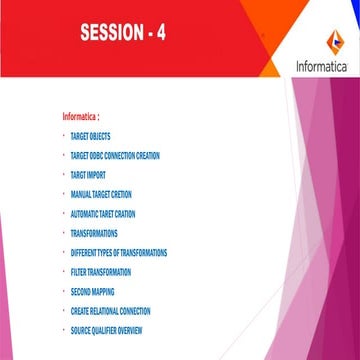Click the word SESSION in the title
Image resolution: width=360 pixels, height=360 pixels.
click(109, 34)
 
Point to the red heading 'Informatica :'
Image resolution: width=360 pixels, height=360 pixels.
click(81, 116)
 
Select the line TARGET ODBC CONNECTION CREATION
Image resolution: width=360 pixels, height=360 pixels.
click(115, 155)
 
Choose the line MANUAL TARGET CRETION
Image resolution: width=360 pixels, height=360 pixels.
click(101, 194)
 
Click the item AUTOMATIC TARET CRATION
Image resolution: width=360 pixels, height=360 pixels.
click(103, 213)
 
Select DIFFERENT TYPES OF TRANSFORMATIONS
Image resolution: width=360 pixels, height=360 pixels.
click(119, 252)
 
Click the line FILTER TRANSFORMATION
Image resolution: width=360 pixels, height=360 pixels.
click(101, 271)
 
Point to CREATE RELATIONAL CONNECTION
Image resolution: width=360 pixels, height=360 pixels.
click(110, 311)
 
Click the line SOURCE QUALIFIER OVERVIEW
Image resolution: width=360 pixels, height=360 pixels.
click(107, 330)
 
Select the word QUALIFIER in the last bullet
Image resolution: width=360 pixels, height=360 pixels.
click(103, 330)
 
